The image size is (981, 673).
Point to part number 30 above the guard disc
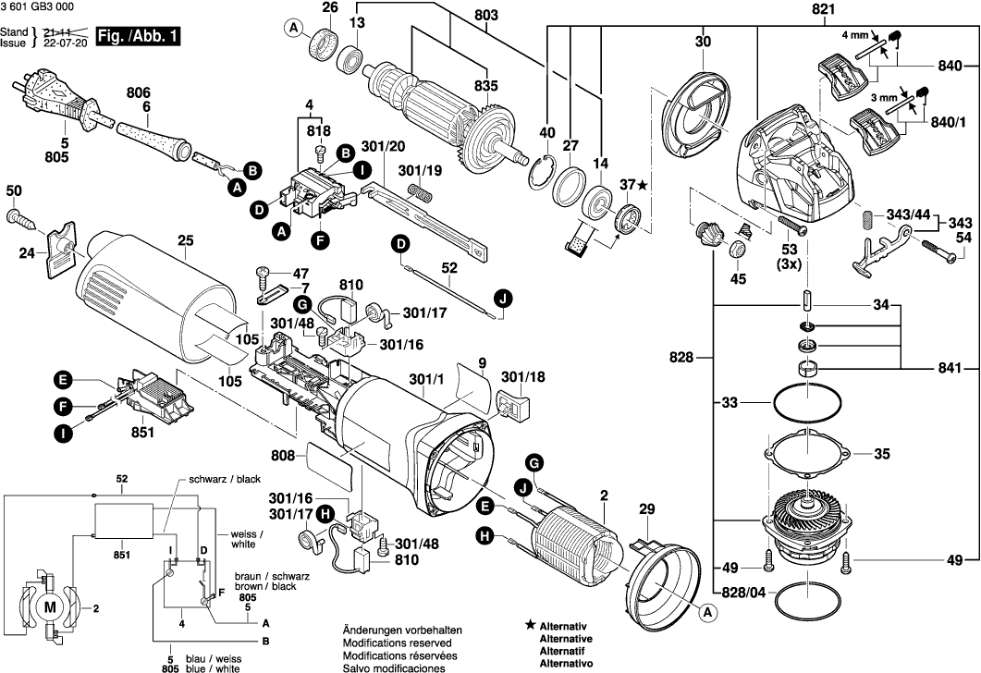pos(703,42)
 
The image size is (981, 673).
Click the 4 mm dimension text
pos(854,35)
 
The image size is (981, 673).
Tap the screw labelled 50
pos(20,218)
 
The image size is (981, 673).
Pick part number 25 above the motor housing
pos(185,243)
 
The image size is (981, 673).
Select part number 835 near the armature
pos(486,86)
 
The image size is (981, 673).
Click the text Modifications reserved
pos(397,642)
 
